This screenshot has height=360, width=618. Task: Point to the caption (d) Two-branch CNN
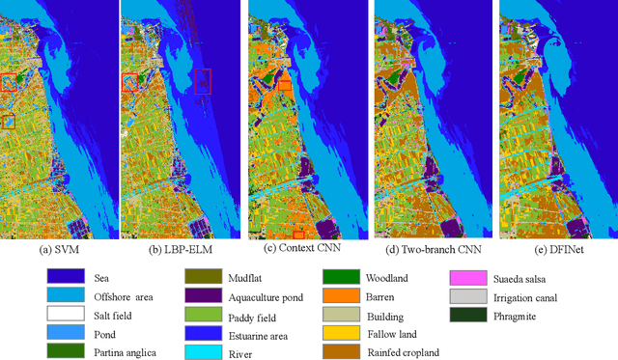429,249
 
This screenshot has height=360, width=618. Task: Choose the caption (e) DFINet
551,249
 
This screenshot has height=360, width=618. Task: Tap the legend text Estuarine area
258,333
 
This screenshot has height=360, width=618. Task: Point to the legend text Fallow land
391,333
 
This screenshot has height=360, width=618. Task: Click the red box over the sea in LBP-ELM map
202,81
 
